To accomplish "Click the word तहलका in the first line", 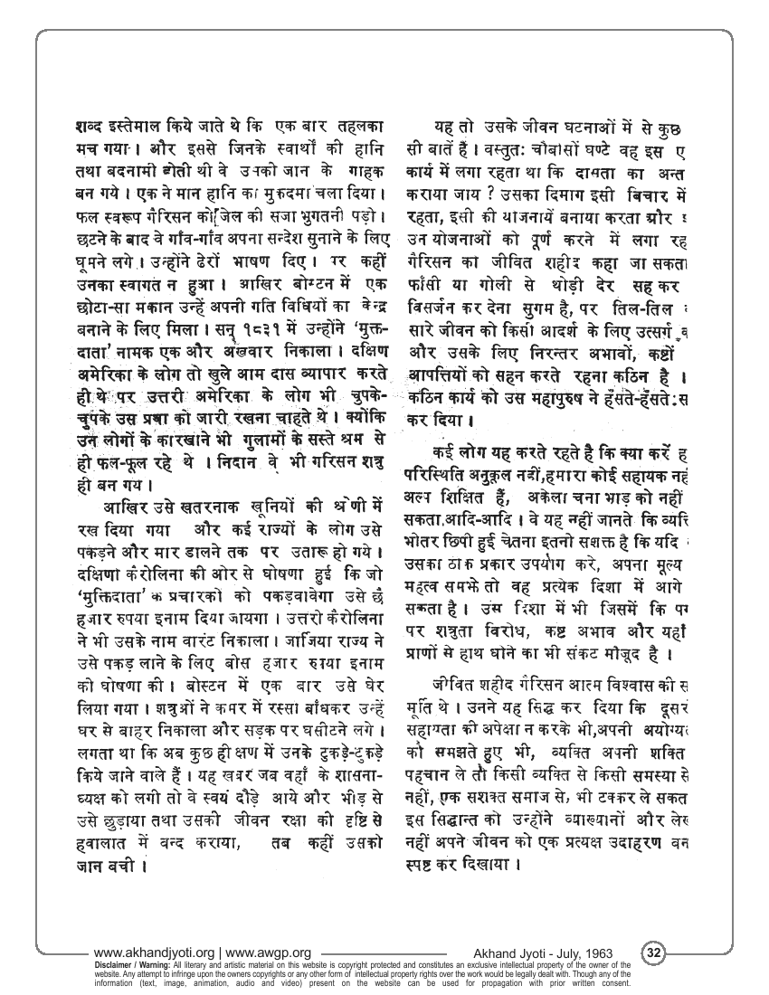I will pos(358,127).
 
